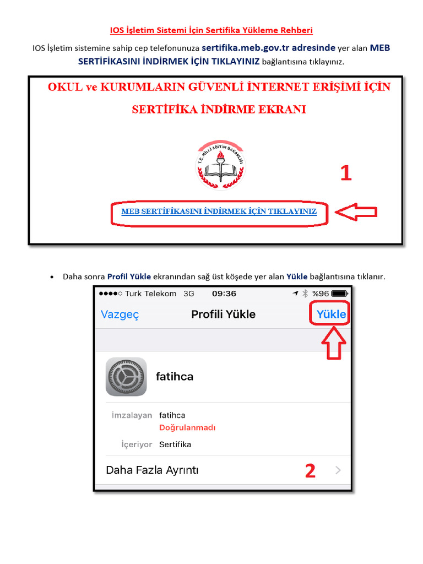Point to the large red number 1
(346, 173)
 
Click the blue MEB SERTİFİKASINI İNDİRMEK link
(219, 211)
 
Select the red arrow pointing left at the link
(356, 212)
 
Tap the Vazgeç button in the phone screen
(120, 314)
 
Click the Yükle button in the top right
(331, 314)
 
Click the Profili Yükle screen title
(223, 314)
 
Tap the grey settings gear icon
(126, 377)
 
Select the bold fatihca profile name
(175, 377)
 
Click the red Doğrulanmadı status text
(187, 428)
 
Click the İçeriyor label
(137, 444)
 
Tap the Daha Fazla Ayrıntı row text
(152, 470)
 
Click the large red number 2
(311, 471)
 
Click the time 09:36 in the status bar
(224, 294)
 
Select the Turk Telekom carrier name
(150, 294)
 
